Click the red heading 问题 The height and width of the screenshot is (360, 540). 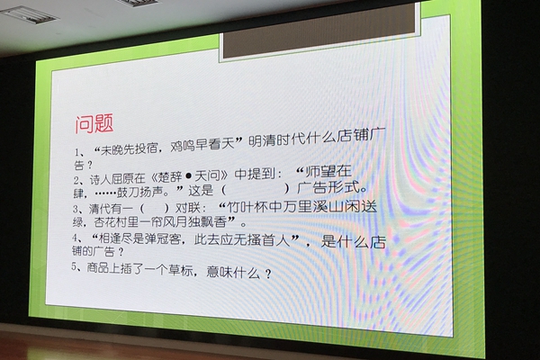pos(94,124)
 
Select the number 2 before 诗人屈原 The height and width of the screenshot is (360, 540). pos(76,181)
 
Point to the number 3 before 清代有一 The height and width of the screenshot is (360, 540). pos(75,209)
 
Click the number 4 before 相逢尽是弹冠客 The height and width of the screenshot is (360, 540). pos(75,238)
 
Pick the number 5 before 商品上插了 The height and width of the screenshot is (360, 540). pos(74,266)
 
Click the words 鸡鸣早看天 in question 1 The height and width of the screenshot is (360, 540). pos(203,145)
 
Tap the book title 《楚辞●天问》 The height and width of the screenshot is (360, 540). pos(190,176)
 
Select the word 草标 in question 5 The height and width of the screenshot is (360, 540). pos(181,270)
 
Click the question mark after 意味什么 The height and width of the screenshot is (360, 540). pos(268,274)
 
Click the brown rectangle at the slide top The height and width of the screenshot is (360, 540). pos(319,31)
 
